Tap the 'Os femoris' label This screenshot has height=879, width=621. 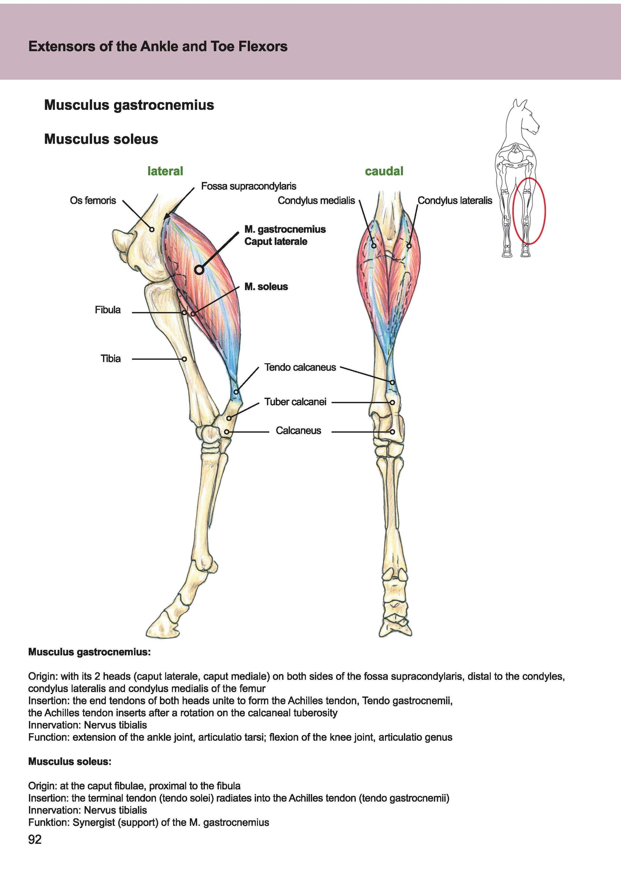pos(93,201)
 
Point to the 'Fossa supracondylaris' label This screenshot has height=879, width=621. pos(249,186)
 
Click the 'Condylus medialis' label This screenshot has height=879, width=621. pos(316,201)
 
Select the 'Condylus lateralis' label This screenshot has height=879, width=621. pos(455,201)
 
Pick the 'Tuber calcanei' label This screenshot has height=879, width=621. pos(295,402)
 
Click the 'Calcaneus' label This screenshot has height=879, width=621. pos(298,431)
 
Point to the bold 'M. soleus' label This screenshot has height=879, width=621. pos(266,287)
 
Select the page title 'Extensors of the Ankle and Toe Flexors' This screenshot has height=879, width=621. pos(158,47)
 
